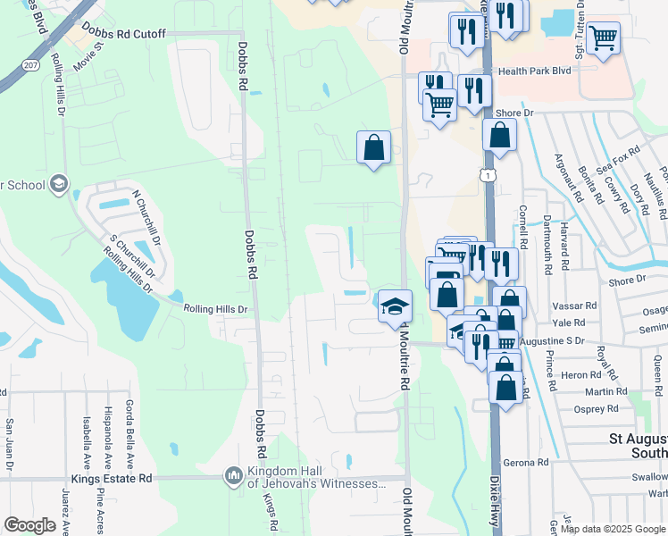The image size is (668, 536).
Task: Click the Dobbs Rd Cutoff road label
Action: [123, 33]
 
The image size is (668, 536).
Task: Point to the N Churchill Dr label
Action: [146, 213]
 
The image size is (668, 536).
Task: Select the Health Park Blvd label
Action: [534, 71]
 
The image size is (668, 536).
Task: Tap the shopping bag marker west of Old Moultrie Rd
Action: [373, 147]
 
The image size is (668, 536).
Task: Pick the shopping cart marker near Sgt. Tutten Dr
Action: [604, 38]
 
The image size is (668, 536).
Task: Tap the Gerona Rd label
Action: [531, 462]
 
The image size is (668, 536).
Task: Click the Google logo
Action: [29, 525]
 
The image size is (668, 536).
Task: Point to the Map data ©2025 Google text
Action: [614, 529]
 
